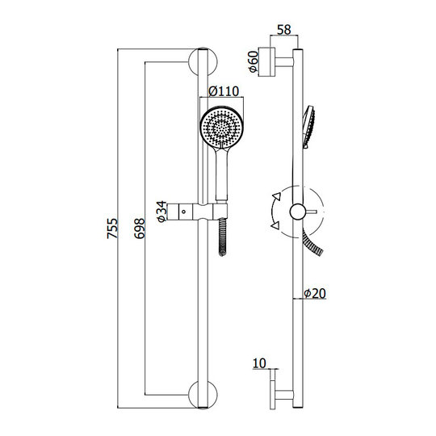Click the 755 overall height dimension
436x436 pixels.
112,228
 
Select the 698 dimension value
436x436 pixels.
140,228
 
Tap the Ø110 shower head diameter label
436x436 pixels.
224,91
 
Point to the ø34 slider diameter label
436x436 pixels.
161,212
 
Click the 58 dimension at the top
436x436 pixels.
284,30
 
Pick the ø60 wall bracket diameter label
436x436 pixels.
254,62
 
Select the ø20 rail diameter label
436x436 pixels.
315,293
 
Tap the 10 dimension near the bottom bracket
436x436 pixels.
259,363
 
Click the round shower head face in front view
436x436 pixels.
221,128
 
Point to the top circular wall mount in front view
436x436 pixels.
203,61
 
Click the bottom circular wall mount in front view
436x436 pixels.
203,394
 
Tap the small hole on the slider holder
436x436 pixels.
183,212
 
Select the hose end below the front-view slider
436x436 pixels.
222,237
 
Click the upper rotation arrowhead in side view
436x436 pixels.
277,196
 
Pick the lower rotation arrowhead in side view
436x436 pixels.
275,225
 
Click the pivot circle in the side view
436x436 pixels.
298,212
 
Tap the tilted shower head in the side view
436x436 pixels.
308,127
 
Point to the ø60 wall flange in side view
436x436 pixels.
267,62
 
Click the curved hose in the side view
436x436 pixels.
312,241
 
